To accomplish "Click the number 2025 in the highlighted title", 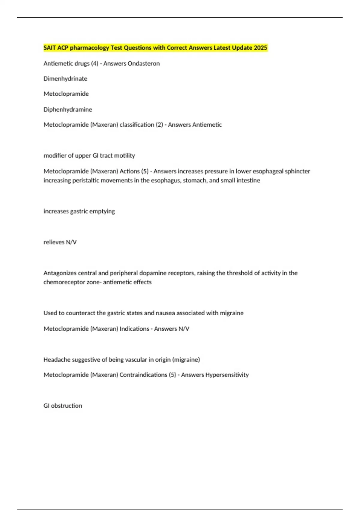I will [x=260, y=48].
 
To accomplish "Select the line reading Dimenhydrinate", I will [x=65, y=79].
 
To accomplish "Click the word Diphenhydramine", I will [x=68, y=109].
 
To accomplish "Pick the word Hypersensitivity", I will [x=227, y=375].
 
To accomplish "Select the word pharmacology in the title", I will [x=89, y=48].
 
